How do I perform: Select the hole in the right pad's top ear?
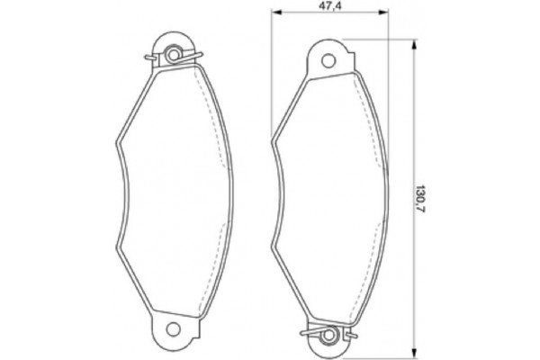[x=329, y=59]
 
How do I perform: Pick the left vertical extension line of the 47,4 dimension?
[x=272, y=72]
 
